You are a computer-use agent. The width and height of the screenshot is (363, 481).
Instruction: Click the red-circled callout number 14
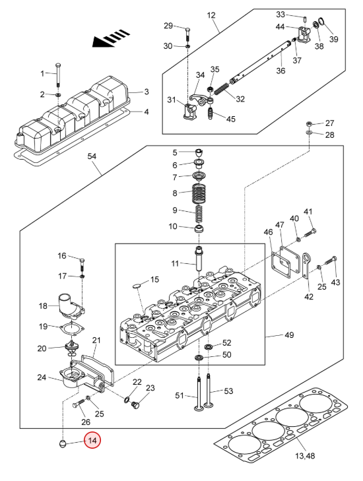[92, 441]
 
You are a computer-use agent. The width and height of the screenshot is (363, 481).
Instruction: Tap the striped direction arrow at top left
[111, 38]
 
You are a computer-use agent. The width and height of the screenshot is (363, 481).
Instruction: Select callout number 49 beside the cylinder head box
[289, 335]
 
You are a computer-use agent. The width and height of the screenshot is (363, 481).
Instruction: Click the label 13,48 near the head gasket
[305, 456]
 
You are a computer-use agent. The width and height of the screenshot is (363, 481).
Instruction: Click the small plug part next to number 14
[63, 443]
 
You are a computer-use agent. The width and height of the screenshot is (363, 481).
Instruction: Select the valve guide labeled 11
[199, 258]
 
